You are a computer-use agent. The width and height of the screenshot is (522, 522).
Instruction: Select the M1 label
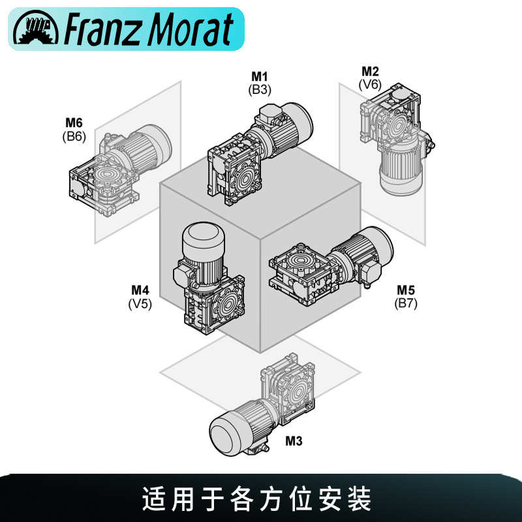[260, 78]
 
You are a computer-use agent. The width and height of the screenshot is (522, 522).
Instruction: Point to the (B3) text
[260, 89]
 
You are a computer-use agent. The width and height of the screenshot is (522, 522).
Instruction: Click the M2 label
[370, 72]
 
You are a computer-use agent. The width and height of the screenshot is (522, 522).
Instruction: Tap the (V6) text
[370, 84]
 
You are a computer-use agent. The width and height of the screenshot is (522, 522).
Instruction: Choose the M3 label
[294, 441]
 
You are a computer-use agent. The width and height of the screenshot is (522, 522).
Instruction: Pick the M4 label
[140, 290]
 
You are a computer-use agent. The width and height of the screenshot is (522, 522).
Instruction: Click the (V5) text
[140, 303]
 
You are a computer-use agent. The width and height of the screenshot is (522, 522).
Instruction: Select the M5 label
[406, 290]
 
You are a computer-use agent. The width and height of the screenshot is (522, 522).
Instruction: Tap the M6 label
[74, 123]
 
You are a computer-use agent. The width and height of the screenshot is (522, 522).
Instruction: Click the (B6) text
[74, 136]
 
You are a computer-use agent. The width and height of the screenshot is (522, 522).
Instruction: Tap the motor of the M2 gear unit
[401, 168]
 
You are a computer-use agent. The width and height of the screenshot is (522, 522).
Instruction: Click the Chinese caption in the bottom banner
[257, 500]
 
